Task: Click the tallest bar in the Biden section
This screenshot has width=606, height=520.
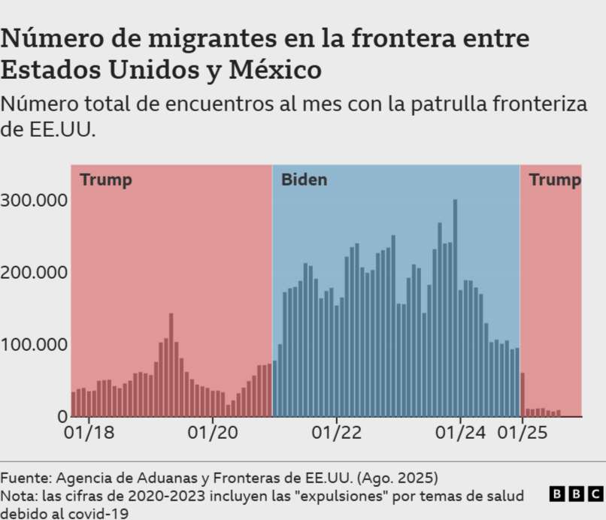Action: click(455, 308)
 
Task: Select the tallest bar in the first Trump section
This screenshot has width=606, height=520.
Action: click(171, 364)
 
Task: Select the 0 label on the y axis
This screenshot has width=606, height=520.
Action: click(62, 416)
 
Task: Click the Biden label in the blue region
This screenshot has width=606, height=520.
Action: click(304, 180)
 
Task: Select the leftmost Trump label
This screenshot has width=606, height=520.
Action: click(106, 180)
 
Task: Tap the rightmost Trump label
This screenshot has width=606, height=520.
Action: click(554, 180)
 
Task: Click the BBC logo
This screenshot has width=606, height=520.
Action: click(575, 494)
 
